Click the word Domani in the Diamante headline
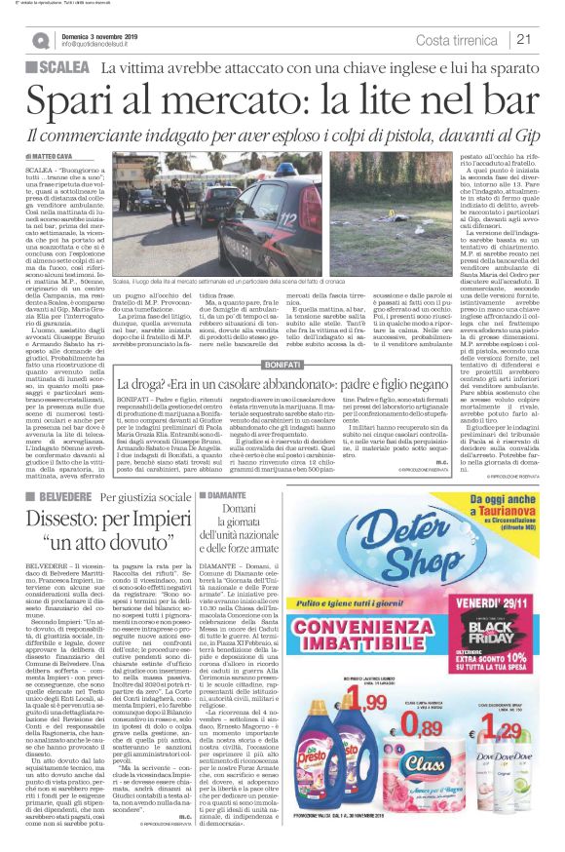(250, 510)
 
